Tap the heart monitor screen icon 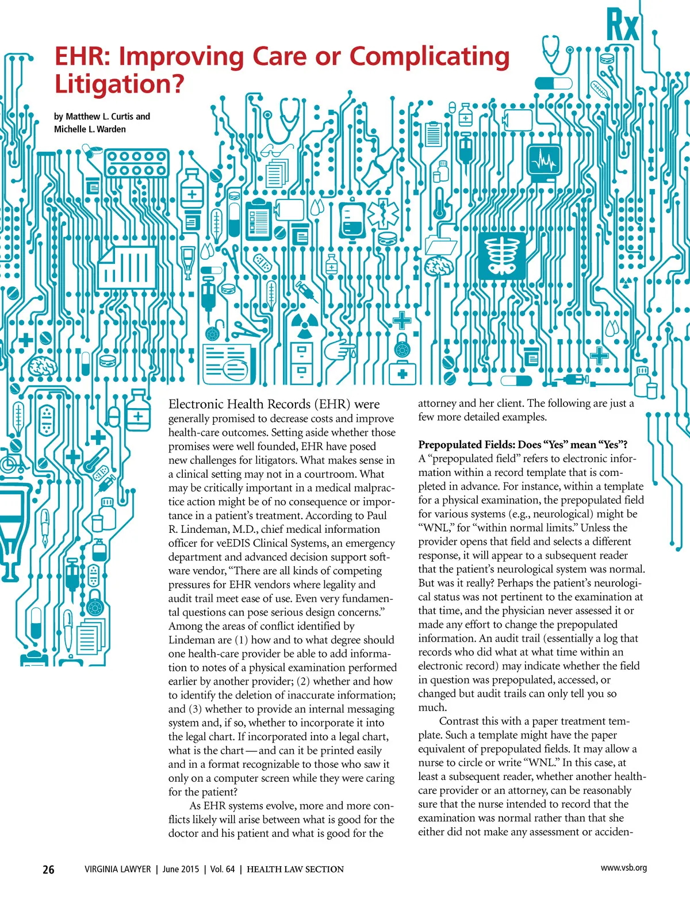pyautogui.click(x=543, y=163)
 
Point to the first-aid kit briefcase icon pyautogui.click(x=402, y=374)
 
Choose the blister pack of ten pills pyautogui.click(x=137, y=163)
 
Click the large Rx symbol pyautogui.click(x=623, y=26)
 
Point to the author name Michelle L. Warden pyautogui.click(x=90, y=129)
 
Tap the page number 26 pyautogui.click(x=49, y=870)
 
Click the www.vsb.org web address pyautogui.click(x=623, y=868)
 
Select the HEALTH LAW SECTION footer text pyautogui.click(x=295, y=870)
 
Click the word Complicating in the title pyautogui.click(x=430, y=56)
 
